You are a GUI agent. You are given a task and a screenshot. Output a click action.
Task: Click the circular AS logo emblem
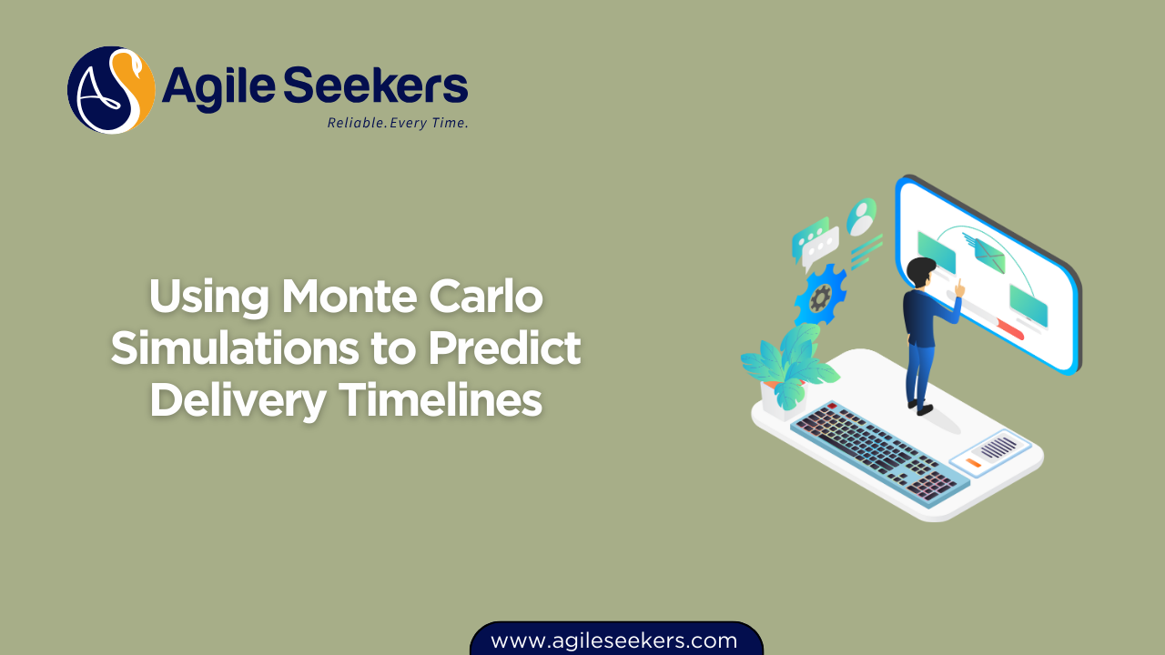tap(111, 90)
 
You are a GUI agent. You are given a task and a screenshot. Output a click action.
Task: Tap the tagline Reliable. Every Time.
tap(398, 123)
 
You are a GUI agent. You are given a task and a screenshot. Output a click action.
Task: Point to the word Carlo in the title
tap(500, 297)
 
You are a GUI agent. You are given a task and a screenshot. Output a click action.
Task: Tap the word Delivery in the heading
tap(237, 401)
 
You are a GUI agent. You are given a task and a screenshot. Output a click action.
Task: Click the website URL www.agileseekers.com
tap(614, 640)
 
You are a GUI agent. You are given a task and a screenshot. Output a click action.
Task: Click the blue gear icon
tap(819, 296)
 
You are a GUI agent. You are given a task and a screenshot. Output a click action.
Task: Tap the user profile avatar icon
tap(860, 217)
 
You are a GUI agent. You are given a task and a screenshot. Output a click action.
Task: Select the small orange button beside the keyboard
tap(973, 463)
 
